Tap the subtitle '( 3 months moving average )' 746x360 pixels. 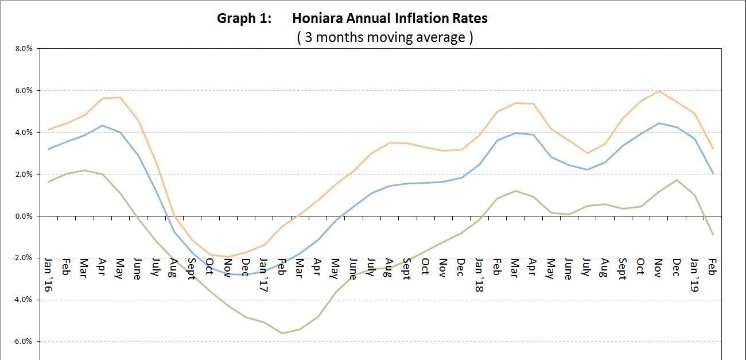tap(384, 38)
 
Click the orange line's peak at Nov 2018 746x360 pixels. tap(659, 91)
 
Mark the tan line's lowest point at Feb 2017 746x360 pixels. tap(282, 333)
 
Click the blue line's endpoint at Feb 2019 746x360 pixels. tap(713, 173)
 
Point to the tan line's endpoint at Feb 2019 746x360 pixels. tap(713, 234)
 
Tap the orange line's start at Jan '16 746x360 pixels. tap(48, 129)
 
